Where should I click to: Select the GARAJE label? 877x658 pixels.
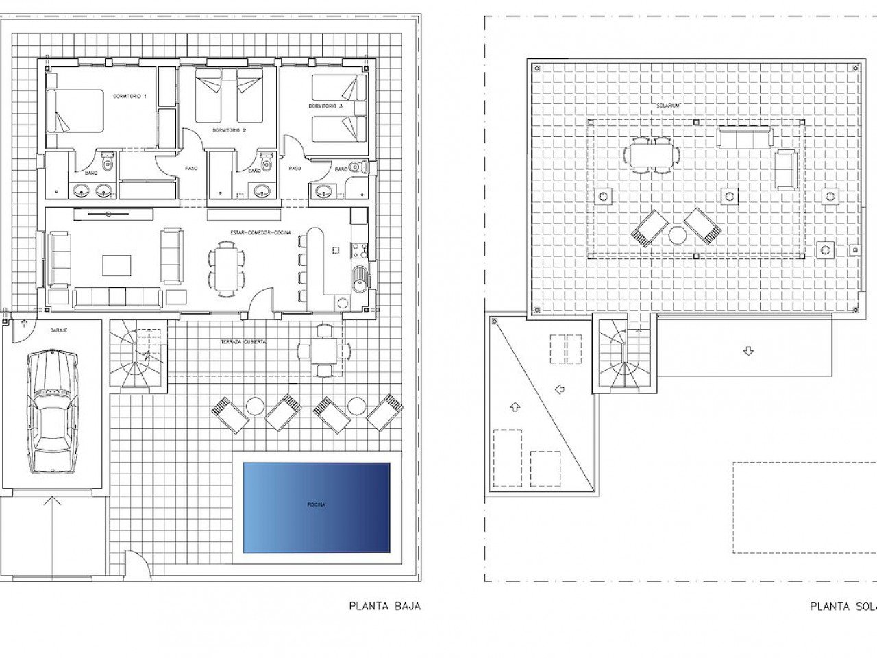(x=58, y=330)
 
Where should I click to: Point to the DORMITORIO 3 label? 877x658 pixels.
(x=325, y=106)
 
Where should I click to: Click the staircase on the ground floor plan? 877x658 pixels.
(x=138, y=357)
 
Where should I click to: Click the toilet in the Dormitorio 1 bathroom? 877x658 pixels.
(x=107, y=164)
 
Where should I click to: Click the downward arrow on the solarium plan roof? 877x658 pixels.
(x=748, y=352)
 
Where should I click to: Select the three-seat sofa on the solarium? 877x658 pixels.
(x=745, y=138)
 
